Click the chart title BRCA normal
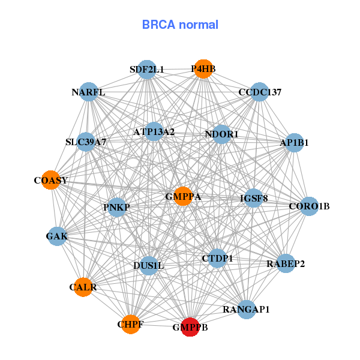180,25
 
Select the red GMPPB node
190,327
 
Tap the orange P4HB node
203,69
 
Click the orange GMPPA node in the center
183,196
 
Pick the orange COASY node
52,180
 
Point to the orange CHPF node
131,324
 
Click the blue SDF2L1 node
146,69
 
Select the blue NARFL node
89,92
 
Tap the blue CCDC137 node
259,92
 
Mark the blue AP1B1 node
294,143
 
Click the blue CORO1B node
309,206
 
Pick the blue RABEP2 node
286,263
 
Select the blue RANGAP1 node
246,310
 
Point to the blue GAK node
57,236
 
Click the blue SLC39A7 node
86,142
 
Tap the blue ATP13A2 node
154,131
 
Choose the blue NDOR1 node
221,134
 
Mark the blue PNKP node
117,208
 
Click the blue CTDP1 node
217,258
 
